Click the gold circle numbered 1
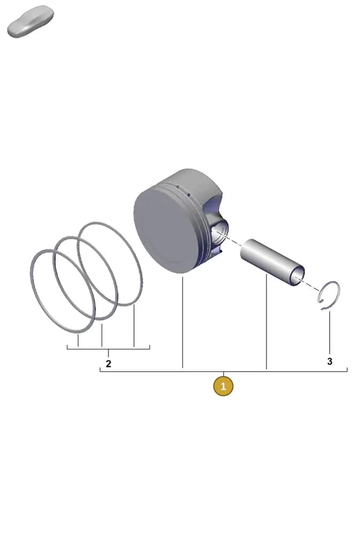point(223,386)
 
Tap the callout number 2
point(108,364)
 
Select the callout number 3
point(330,362)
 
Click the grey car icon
point(30,21)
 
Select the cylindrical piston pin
point(272,262)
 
